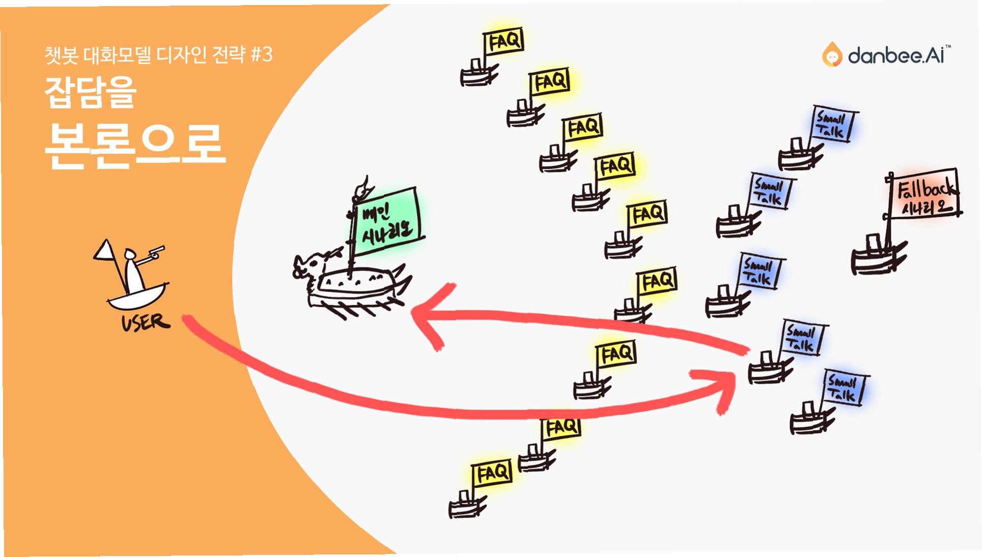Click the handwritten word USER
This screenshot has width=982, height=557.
(x=145, y=323)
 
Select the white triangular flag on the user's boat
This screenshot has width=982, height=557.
(x=105, y=250)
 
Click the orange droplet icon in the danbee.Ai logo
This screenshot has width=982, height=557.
(x=832, y=55)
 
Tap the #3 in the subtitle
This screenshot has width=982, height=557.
(x=262, y=54)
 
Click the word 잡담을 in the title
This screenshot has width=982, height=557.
(x=91, y=92)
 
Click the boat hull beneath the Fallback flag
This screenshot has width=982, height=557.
(x=876, y=259)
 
